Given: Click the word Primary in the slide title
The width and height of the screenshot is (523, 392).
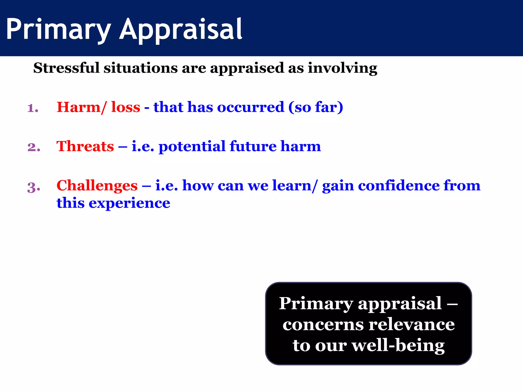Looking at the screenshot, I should tap(58, 29).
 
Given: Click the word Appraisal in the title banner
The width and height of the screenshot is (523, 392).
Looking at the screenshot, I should tap(181, 29).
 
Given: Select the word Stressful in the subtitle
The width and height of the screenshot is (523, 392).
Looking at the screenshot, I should tap(66, 68).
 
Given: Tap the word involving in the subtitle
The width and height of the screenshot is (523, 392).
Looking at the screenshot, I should tap(342, 68).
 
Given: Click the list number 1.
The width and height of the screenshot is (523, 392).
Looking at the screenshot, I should tap(33, 108).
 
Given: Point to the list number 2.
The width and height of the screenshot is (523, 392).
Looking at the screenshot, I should tap(34, 147).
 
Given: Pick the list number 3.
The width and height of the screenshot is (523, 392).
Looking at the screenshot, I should tap(34, 187).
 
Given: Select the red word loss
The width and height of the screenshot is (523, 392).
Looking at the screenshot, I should tap(126, 107).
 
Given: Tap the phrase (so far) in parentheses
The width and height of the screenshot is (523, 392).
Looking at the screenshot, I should tap(316, 107).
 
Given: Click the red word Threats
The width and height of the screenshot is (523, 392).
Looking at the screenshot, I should tap(85, 146).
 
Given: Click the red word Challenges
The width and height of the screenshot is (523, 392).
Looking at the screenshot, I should tap(97, 186).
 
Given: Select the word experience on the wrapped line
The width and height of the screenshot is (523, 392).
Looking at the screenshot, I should tap(129, 203).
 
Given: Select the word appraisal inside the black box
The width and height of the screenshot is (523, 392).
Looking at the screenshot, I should tap(400, 304).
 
